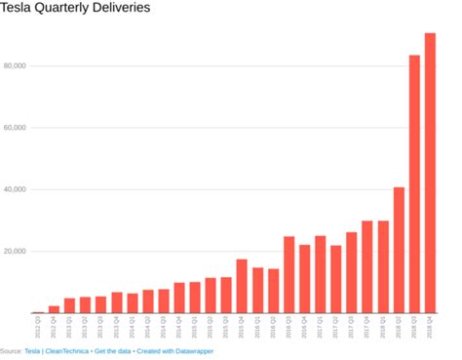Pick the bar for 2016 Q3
[x=289, y=274]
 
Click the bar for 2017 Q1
[x=320, y=274]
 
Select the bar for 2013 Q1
[x=69, y=305]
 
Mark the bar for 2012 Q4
[x=54, y=309]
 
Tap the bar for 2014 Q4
[x=179, y=298]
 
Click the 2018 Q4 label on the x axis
[x=430, y=326]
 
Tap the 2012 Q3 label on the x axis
[x=38, y=326]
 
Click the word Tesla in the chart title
[x=19, y=9]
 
